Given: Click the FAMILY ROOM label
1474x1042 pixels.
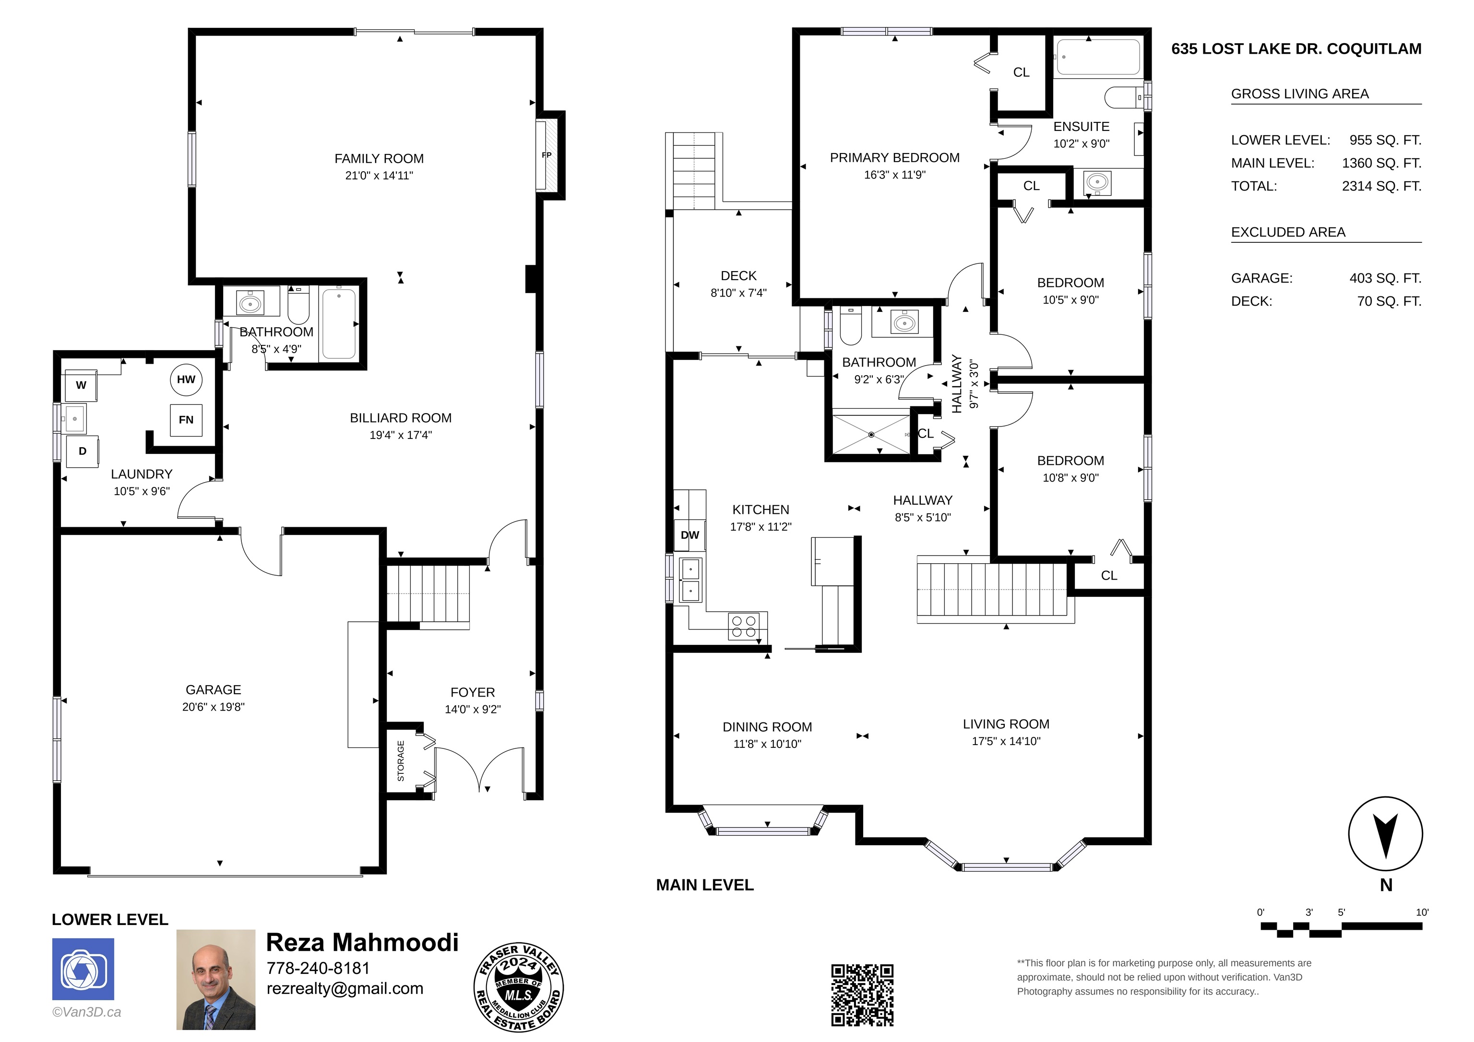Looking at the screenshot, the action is click(x=379, y=159).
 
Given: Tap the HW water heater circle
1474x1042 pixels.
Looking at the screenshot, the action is click(x=186, y=379).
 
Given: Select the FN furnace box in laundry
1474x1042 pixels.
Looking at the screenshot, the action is click(x=186, y=420).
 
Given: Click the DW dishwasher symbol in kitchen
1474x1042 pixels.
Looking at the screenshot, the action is click(x=689, y=535).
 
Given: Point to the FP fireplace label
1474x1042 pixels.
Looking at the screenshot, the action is click(x=547, y=155).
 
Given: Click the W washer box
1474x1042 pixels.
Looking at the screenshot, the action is click(x=81, y=385).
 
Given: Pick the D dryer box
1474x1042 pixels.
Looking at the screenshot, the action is click(x=82, y=451).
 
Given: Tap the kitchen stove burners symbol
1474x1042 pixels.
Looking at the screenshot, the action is click(x=743, y=627).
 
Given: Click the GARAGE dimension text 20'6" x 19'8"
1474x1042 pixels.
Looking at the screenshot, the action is click(x=213, y=707).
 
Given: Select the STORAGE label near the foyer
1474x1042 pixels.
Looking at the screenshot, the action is click(x=401, y=761).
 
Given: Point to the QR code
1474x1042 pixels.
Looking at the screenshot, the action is click(x=862, y=995).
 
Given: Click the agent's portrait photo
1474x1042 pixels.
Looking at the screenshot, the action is click(x=216, y=980).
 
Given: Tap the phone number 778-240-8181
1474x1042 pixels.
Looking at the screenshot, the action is click(x=319, y=968).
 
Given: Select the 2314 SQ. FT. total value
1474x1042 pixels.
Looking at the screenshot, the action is click(x=1381, y=186).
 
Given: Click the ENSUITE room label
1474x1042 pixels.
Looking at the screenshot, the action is click(x=1081, y=127).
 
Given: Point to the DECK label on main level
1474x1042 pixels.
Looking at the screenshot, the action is click(x=738, y=275).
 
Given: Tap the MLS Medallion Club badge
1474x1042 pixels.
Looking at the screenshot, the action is click(x=519, y=987).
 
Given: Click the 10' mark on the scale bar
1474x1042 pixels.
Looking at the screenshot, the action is click(x=1422, y=912).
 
